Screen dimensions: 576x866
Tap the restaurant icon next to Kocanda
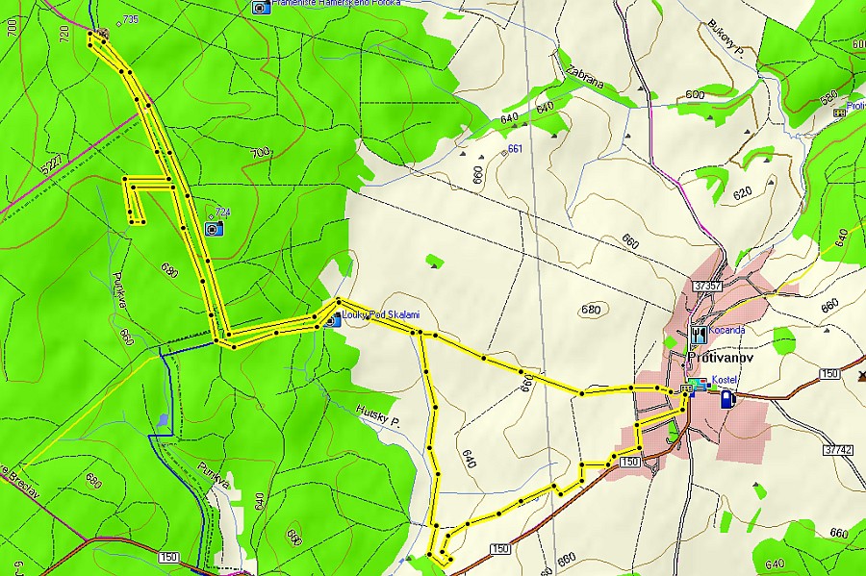click(x=698, y=335)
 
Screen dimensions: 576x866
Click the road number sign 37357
click(x=706, y=286)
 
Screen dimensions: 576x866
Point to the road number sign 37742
click(x=838, y=449)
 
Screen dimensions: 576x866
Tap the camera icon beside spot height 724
click(x=214, y=228)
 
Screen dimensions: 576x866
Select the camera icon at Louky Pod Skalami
click(x=331, y=320)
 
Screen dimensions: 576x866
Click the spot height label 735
click(x=129, y=19)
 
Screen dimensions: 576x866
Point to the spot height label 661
click(x=514, y=148)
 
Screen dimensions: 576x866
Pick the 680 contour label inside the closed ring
click(x=590, y=310)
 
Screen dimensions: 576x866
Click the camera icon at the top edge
click(x=260, y=7)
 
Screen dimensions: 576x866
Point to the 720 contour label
click(x=64, y=35)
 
